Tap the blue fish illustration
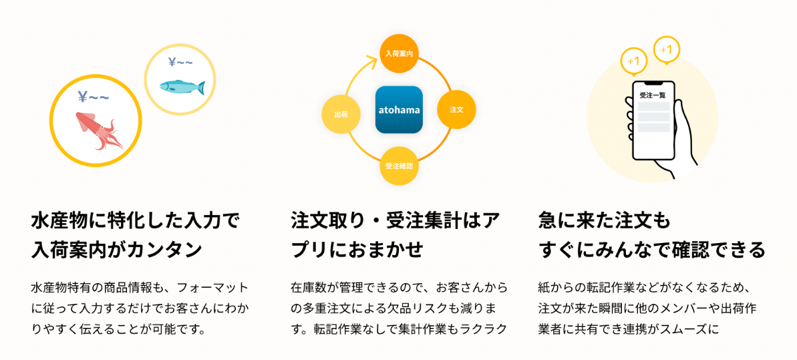click(x=181, y=86)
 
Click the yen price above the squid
click(x=94, y=98)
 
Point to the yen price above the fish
click(x=180, y=63)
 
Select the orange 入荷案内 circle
click(x=398, y=53)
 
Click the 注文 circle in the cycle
click(x=457, y=109)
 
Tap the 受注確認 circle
click(x=399, y=165)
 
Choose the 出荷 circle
click(x=341, y=114)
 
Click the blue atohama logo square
click(x=399, y=110)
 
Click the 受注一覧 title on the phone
click(x=653, y=96)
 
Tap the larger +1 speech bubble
click(x=634, y=61)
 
